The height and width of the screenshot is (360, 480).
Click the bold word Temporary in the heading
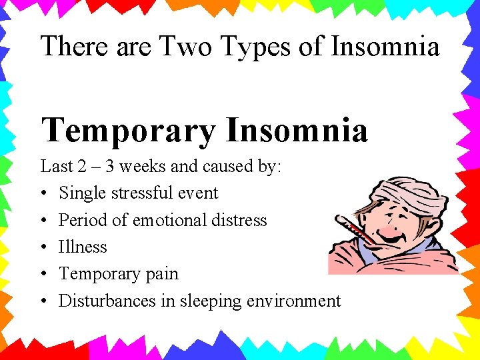point(128,129)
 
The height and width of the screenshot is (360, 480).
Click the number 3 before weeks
point(117,166)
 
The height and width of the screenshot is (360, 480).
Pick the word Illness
point(83,247)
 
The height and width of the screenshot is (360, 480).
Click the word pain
point(163,274)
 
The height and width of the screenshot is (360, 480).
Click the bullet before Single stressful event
point(43,194)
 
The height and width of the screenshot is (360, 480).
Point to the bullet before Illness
point(43,247)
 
